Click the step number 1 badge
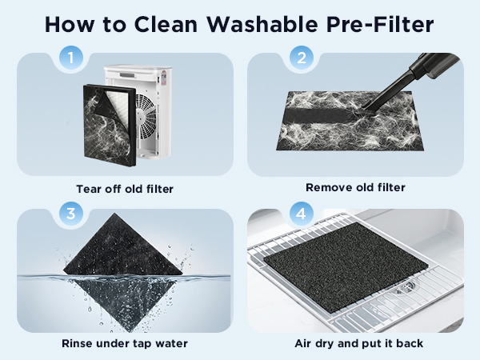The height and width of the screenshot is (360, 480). [x=71, y=58]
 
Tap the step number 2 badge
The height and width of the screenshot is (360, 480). [x=302, y=58]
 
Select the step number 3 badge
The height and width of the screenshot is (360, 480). [x=71, y=214]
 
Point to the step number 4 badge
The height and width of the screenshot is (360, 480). [x=302, y=214]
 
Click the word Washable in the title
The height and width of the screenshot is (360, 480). [x=262, y=24]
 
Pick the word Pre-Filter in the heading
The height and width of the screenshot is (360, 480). [x=380, y=24]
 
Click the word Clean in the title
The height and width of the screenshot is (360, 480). [x=166, y=24]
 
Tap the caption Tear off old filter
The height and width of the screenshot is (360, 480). [x=125, y=189]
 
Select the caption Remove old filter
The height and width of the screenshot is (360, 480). [x=355, y=187]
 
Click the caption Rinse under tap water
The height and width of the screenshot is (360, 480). [x=125, y=343]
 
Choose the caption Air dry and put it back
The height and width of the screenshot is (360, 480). [x=359, y=343]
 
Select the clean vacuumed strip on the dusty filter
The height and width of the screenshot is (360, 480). [x=318, y=114]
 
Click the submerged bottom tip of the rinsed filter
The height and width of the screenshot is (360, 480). [x=130, y=330]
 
